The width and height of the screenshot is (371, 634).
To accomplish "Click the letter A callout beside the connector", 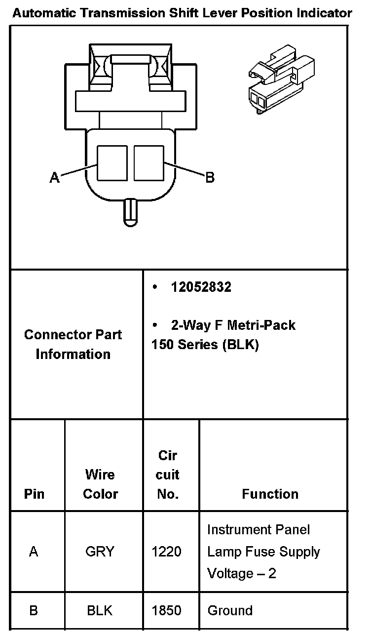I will (x=54, y=177).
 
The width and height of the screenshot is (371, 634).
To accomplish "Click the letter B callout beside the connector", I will (x=210, y=177).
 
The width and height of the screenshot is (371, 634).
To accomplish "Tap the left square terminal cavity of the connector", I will (x=112, y=162).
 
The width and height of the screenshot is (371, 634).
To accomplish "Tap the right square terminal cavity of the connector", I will (x=149, y=162).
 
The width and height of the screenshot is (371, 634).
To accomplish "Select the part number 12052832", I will (x=201, y=287).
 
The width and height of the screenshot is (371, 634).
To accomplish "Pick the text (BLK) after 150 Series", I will (x=241, y=345).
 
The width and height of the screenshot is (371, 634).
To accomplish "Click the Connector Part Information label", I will (x=73, y=344).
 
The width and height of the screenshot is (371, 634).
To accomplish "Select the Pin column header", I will (x=34, y=494).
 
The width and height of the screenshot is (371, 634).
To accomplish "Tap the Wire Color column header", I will (x=100, y=484).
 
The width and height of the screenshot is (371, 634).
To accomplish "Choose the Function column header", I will (x=270, y=494).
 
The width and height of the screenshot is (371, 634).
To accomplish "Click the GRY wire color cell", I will (x=100, y=552).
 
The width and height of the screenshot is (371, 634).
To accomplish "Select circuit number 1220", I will (x=167, y=552).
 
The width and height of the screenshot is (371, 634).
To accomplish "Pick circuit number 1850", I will (x=167, y=611).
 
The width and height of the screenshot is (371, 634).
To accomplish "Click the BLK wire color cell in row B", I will (x=100, y=611).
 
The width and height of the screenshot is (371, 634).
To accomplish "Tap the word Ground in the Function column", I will (x=230, y=611).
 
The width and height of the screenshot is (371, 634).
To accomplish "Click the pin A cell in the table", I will (x=34, y=552).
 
